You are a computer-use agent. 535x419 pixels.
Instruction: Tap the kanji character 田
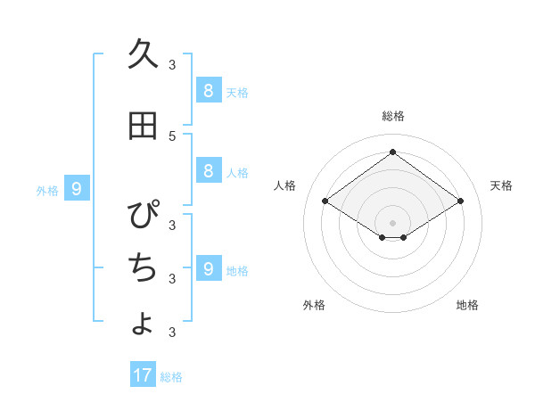tap(143, 127)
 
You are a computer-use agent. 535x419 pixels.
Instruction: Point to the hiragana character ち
tap(143, 266)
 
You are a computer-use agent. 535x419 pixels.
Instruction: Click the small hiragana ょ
tap(143, 323)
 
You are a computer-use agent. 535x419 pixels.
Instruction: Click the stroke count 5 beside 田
tap(172, 136)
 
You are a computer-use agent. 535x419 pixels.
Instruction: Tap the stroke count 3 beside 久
tap(172, 64)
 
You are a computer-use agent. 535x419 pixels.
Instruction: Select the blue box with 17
tap(143, 375)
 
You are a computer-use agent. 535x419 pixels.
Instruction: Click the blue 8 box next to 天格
tap(208, 90)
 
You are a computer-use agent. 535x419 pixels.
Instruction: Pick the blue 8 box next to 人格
tap(208, 171)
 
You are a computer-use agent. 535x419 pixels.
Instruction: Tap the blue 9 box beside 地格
tap(208, 268)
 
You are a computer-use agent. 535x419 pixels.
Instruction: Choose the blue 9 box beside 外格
tap(78, 188)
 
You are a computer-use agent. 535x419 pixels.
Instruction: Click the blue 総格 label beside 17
tap(171, 377)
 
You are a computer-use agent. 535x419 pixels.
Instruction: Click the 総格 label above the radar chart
tap(392, 116)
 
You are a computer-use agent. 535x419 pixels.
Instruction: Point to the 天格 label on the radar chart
tap(501, 185)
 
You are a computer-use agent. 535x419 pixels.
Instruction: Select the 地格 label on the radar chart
tap(467, 305)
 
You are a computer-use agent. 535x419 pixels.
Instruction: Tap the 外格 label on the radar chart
tap(314, 305)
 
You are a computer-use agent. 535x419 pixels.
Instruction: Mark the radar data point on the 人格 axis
tap(325, 201)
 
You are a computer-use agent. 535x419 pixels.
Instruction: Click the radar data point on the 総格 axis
tap(392, 152)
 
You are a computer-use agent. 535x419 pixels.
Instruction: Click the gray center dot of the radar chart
tap(392, 222)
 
